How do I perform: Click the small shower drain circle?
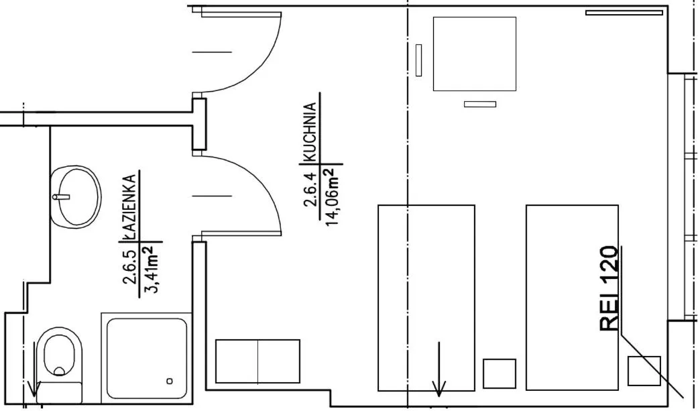pos(170,381)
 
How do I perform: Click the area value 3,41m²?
pos(152,269)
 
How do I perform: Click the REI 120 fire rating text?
pos(608,288)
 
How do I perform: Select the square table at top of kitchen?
pos(475,54)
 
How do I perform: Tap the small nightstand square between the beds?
pos(500,373)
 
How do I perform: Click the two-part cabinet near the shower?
pos(257,361)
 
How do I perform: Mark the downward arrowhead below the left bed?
pos(439,388)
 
